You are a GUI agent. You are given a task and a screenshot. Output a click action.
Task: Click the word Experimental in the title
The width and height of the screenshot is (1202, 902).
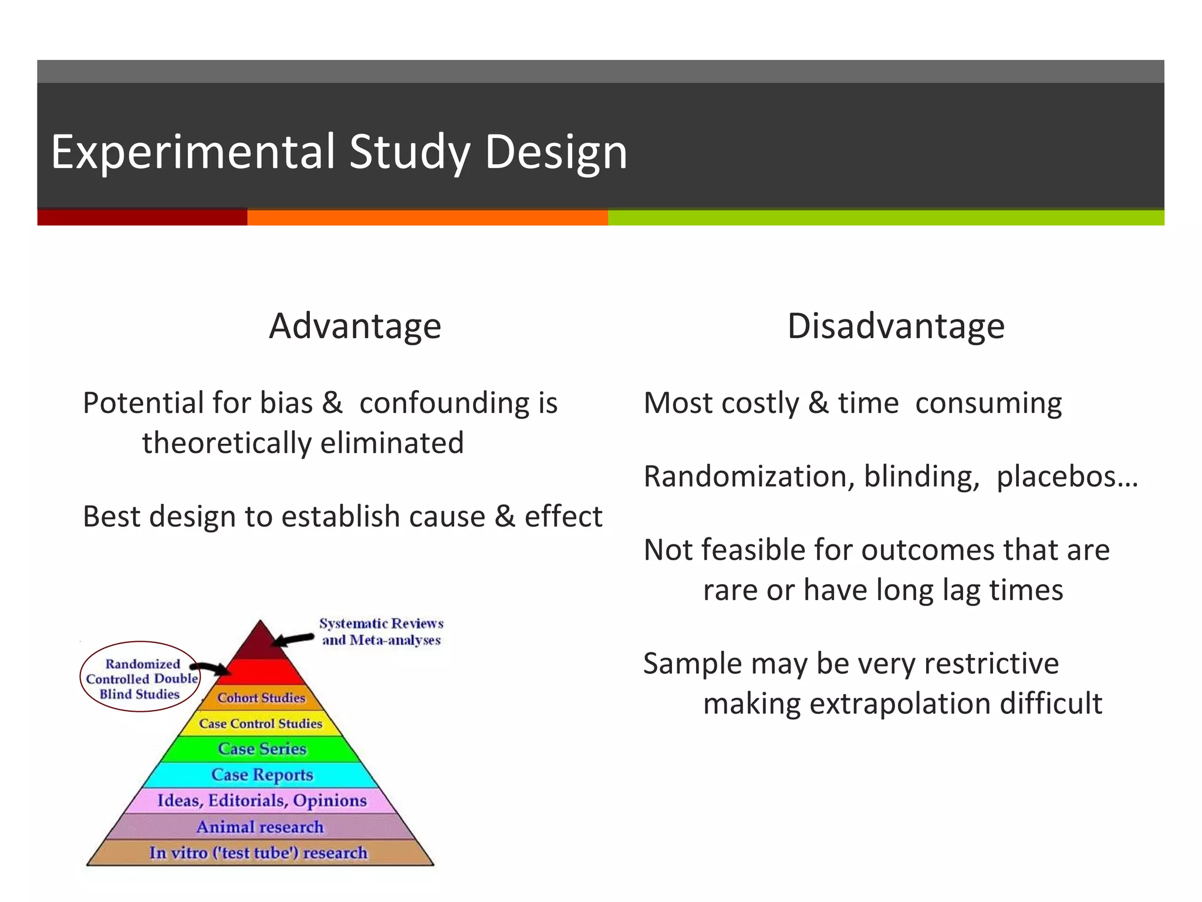pyautogui.click(x=193, y=152)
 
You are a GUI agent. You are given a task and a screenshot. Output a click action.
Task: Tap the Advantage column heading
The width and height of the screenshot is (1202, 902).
pyautogui.click(x=354, y=326)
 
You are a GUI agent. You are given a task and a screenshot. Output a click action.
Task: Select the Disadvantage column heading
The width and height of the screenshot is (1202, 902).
pyautogui.click(x=896, y=326)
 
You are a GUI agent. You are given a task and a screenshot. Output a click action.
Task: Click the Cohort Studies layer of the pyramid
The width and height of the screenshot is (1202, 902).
pyautogui.click(x=262, y=698)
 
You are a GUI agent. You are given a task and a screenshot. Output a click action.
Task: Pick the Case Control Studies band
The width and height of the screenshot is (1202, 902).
pyautogui.click(x=261, y=723)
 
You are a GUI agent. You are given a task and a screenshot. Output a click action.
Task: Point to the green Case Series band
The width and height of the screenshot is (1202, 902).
pyautogui.click(x=262, y=749)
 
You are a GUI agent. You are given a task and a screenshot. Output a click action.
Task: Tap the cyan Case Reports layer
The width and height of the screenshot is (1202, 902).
pyautogui.click(x=262, y=775)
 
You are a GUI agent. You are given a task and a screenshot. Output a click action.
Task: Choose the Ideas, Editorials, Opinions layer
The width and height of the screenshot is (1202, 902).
pyautogui.click(x=262, y=800)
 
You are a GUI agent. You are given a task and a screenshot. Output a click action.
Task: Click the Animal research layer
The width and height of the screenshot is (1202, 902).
pyautogui.click(x=260, y=827)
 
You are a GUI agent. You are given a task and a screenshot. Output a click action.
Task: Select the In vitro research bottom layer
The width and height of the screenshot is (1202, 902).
pyautogui.click(x=258, y=853)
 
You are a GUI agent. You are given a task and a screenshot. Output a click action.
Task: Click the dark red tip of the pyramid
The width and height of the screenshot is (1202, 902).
pyautogui.click(x=259, y=643)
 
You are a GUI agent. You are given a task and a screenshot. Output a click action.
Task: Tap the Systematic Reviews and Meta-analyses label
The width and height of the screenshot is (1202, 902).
pyautogui.click(x=381, y=631)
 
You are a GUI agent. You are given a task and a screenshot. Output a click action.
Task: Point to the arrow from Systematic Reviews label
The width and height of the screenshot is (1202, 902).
pyautogui.click(x=293, y=639)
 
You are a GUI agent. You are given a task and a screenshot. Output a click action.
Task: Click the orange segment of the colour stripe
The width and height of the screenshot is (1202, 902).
pyautogui.click(x=427, y=218)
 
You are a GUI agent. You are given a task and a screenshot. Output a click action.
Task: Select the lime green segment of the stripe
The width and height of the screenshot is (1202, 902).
pyautogui.click(x=885, y=218)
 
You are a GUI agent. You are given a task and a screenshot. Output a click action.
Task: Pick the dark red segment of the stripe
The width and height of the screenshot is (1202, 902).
pyautogui.click(x=142, y=218)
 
